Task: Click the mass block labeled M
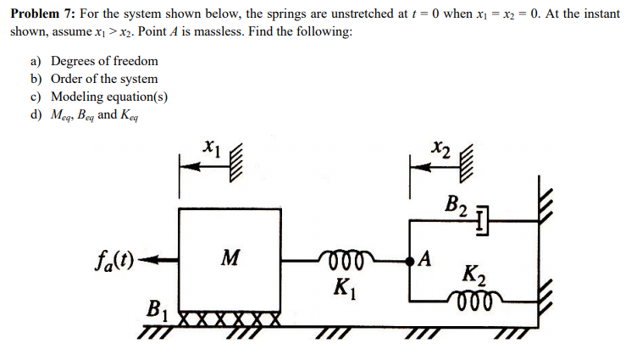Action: (229, 258)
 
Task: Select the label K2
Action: (473, 274)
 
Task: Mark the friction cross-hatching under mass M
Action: (230, 318)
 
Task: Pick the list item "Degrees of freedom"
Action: (103, 61)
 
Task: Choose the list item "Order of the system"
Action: (103, 79)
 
